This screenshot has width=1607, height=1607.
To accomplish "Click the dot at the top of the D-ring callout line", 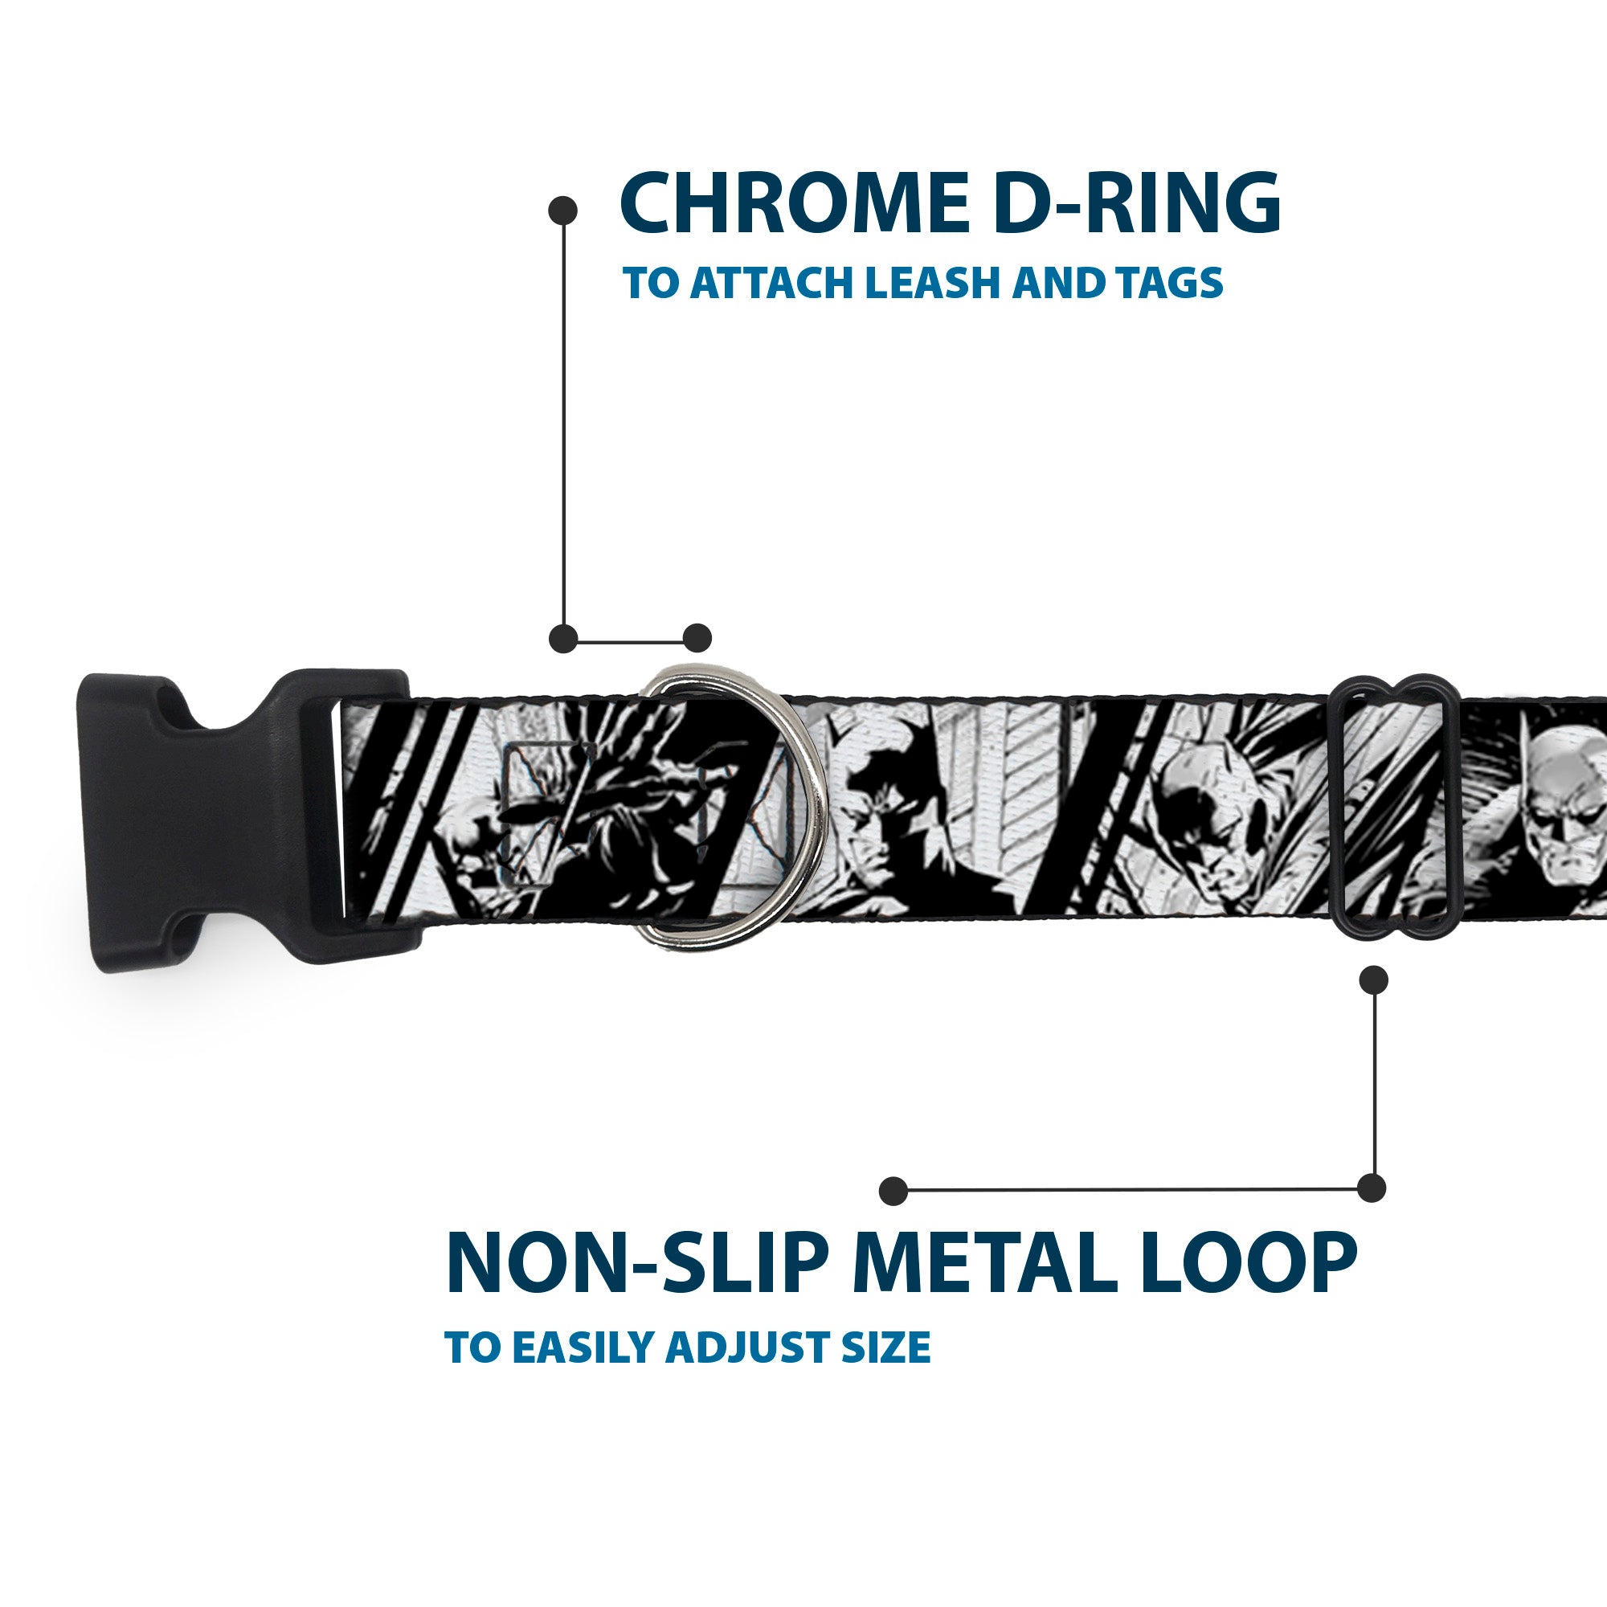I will [563, 211].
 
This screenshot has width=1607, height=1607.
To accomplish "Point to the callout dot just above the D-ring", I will [697, 638].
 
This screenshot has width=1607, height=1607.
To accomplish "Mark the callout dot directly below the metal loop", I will [1373, 979].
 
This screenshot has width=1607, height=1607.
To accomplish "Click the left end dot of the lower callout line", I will [893, 1190].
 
